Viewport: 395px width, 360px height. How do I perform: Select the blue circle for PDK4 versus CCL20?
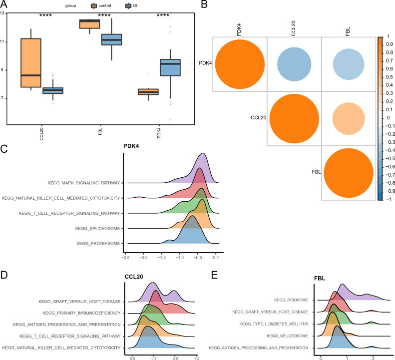294,64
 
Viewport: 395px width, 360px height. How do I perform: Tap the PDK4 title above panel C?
131,146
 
